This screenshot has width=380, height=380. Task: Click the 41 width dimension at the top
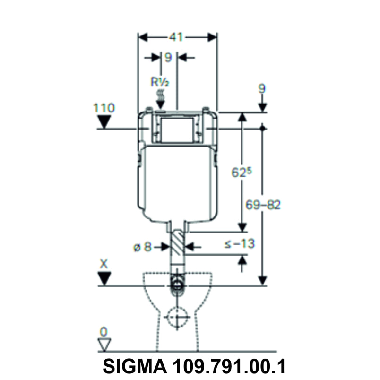coord(177,37)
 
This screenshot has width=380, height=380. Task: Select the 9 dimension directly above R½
coord(167,57)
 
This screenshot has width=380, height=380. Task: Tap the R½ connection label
coord(160,81)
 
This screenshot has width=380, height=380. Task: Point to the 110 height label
coord(104,108)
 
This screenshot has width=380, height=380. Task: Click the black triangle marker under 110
coord(104,122)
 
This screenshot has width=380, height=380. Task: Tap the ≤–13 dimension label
coord(239,244)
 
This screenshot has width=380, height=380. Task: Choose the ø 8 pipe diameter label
coord(142,246)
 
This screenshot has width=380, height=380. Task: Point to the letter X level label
coord(104,263)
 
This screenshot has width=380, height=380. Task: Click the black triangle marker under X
coord(104,279)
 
